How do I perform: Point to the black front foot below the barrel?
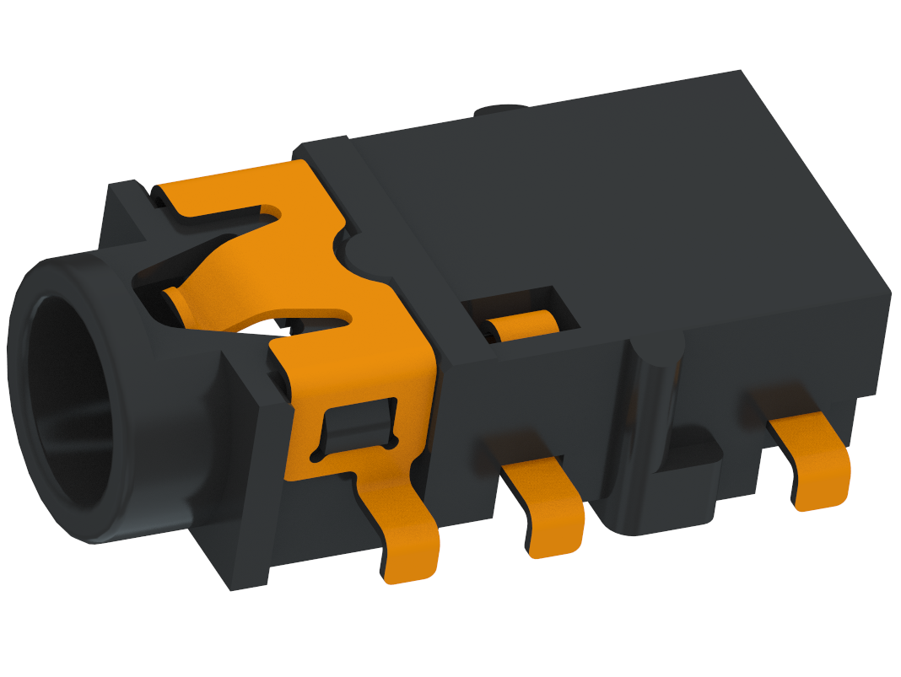click(x=245, y=556)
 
